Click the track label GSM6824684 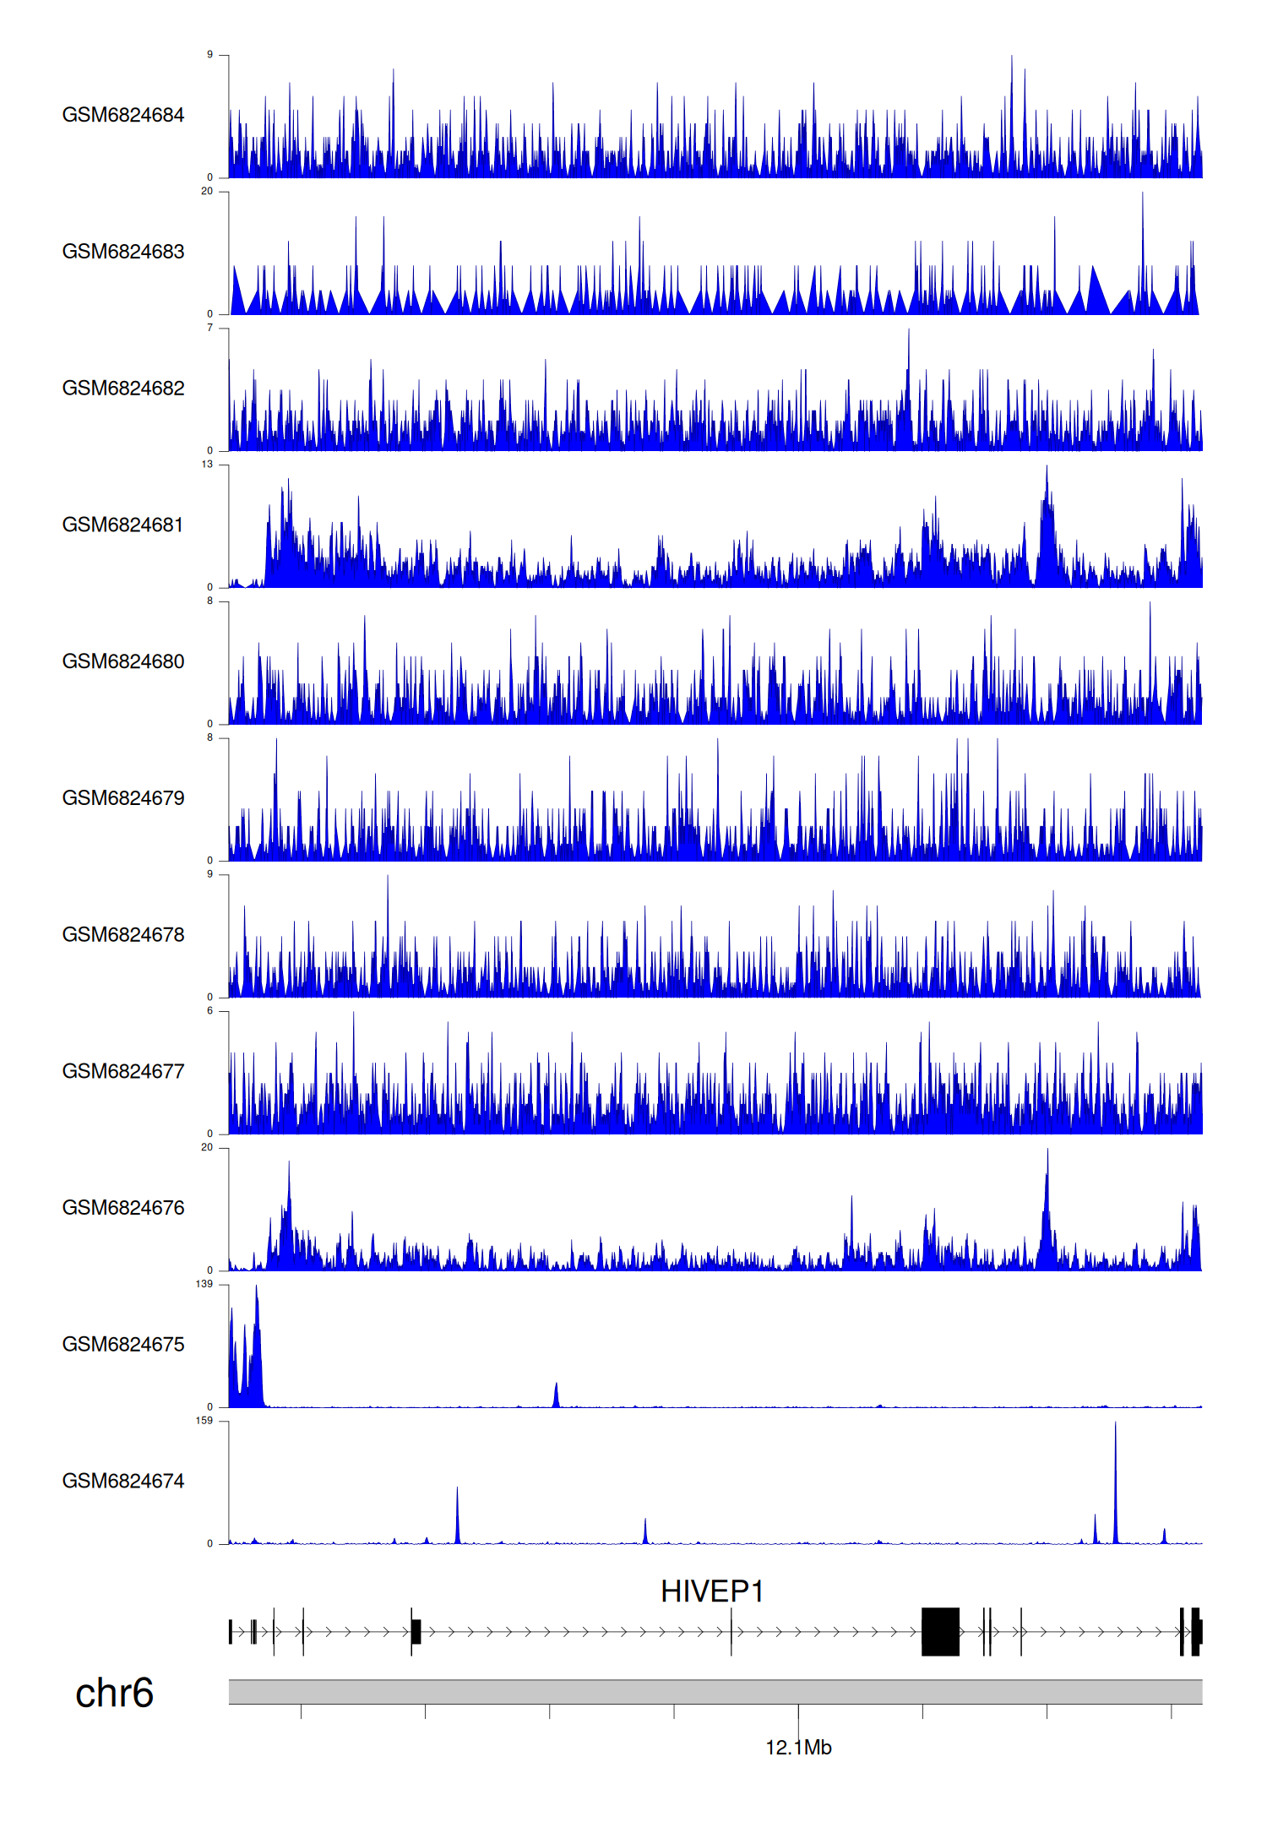(x=123, y=115)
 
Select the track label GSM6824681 (x=123, y=525)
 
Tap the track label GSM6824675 (x=123, y=1344)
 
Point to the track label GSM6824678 (x=123, y=934)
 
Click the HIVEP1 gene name (x=712, y=1591)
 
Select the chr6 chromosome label (x=114, y=1693)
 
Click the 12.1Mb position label (x=798, y=1748)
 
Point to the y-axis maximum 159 (x=204, y=1421)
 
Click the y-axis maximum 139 (x=204, y=1284)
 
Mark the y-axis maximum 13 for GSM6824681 (x=207, y=465)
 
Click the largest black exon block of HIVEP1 (x=940, y=1631)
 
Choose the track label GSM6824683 (x=123, y=252)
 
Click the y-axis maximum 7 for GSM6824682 (x=209, y=328)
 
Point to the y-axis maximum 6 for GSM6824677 (x=209, y=1011)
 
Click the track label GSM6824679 (x=123, y=797)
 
